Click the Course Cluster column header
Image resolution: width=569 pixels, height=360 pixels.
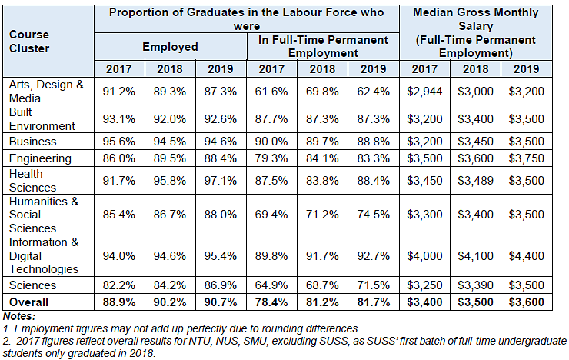(x=30, y=41)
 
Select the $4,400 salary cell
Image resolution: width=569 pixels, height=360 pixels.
(x=527, y=255)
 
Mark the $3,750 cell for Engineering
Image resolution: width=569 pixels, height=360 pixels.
(x=527, y=158)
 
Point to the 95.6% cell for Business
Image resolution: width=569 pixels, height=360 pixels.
(x=119, y=142)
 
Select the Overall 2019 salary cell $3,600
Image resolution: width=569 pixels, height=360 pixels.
(x=527, y=302)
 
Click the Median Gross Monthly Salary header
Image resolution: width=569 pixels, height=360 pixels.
(x=475, y=33)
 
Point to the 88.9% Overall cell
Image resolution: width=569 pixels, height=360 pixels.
(x=119, y=302)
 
